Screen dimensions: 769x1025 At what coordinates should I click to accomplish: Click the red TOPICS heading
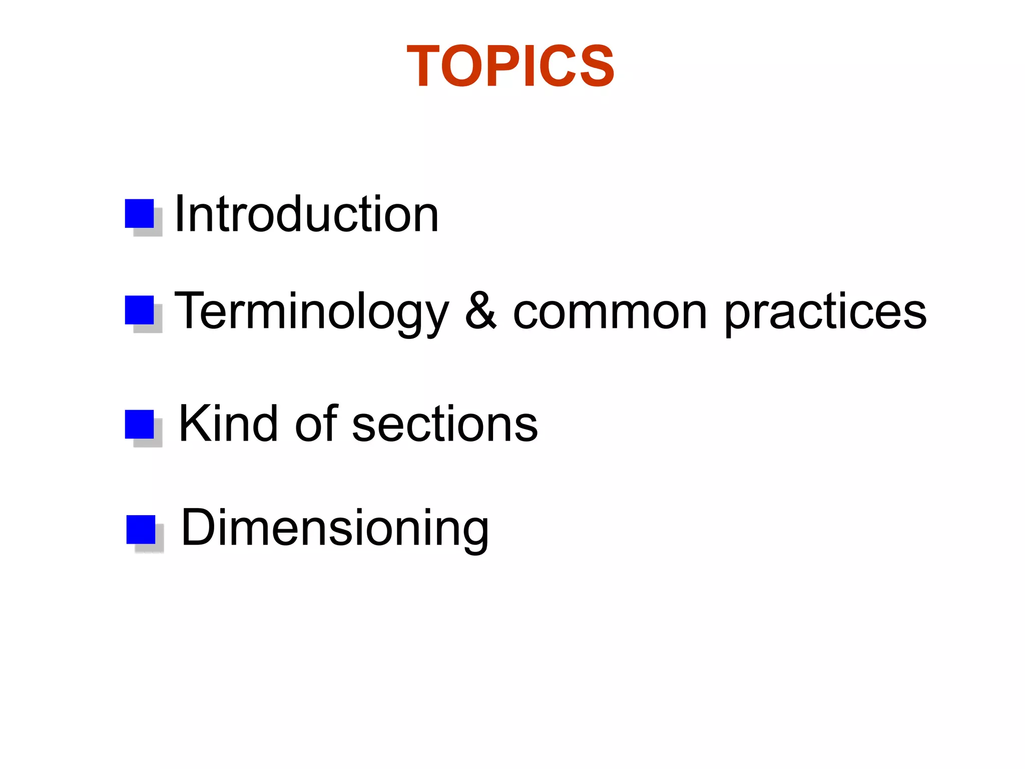pyautogui.click(x=510, y=66)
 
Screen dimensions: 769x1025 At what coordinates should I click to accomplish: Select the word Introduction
pyautogui.click(x=307, y=214)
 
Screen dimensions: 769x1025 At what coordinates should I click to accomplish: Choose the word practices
pyautogui.click(x=825, y=311)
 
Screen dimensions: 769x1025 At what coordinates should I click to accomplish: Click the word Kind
pyautogui.click(x=228, y=424)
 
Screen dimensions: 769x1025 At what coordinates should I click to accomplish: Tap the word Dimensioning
pyautogui.click(x=335, y=528)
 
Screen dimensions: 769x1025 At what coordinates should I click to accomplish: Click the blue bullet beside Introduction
pyautogui.click(x=140, y=214)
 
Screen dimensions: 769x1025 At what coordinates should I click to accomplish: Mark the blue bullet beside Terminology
pyautogui.click(x=140, y=310)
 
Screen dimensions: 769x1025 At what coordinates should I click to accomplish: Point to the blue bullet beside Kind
pyautogui.click(x=140, y=425)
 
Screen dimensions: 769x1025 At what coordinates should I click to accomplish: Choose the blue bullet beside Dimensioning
pyautogui.click(x=141, y=530)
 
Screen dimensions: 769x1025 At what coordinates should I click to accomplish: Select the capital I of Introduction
pyautogui.click(x=179, y=214)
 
